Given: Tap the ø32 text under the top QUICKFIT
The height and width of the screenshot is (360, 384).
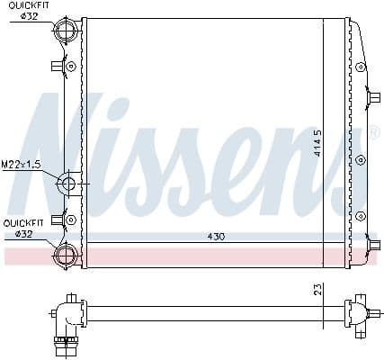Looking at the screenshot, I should click(27, 16).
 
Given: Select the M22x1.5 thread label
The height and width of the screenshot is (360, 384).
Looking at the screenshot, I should click(20, 164).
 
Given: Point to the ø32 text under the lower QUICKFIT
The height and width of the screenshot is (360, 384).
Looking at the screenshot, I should click(24, 233).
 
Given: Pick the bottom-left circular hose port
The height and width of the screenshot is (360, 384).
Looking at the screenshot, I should click(67, 254).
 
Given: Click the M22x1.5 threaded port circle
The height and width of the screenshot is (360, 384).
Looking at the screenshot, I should click(68, 184).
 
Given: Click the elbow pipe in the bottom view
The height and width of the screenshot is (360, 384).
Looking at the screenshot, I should click(67, 320).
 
